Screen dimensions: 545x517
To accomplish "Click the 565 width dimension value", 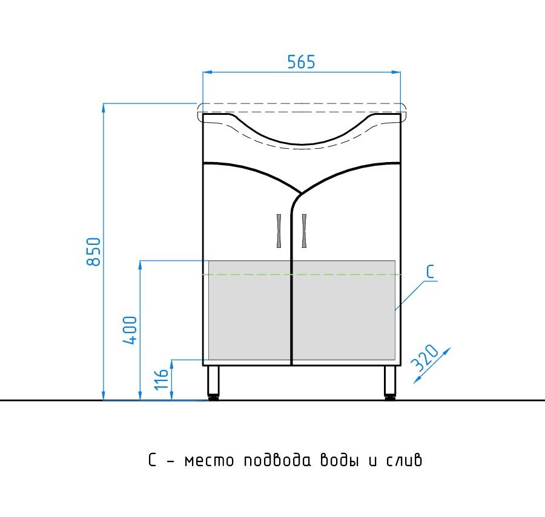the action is [301, 62].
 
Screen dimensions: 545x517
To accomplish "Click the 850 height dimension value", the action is [93, 252].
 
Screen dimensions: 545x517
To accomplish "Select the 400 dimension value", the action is [130, 330].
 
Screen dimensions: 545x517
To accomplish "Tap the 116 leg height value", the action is [162, 379].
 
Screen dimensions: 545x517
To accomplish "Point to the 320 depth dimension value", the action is [424, 357].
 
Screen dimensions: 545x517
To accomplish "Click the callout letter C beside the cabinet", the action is [431, 272].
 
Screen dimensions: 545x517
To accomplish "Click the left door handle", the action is [279, 231].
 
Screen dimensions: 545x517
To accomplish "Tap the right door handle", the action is [304, 231].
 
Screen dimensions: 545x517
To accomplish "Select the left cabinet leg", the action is [213, 383].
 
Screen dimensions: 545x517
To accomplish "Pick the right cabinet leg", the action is [390, 383].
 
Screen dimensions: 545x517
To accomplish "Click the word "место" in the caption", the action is [209, 461].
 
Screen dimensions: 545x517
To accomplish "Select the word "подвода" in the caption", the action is [277, 460].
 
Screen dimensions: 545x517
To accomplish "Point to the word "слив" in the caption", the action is [404, 460].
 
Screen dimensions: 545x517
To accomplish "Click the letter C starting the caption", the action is [152, 460].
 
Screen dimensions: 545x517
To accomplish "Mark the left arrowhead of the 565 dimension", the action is [208, 72].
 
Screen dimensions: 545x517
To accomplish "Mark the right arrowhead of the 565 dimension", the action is [396, 72].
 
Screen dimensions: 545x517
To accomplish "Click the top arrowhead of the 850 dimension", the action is [103, 108].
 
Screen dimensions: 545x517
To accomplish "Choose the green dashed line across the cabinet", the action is [302, 275].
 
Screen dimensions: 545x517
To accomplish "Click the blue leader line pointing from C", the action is [411, 295].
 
